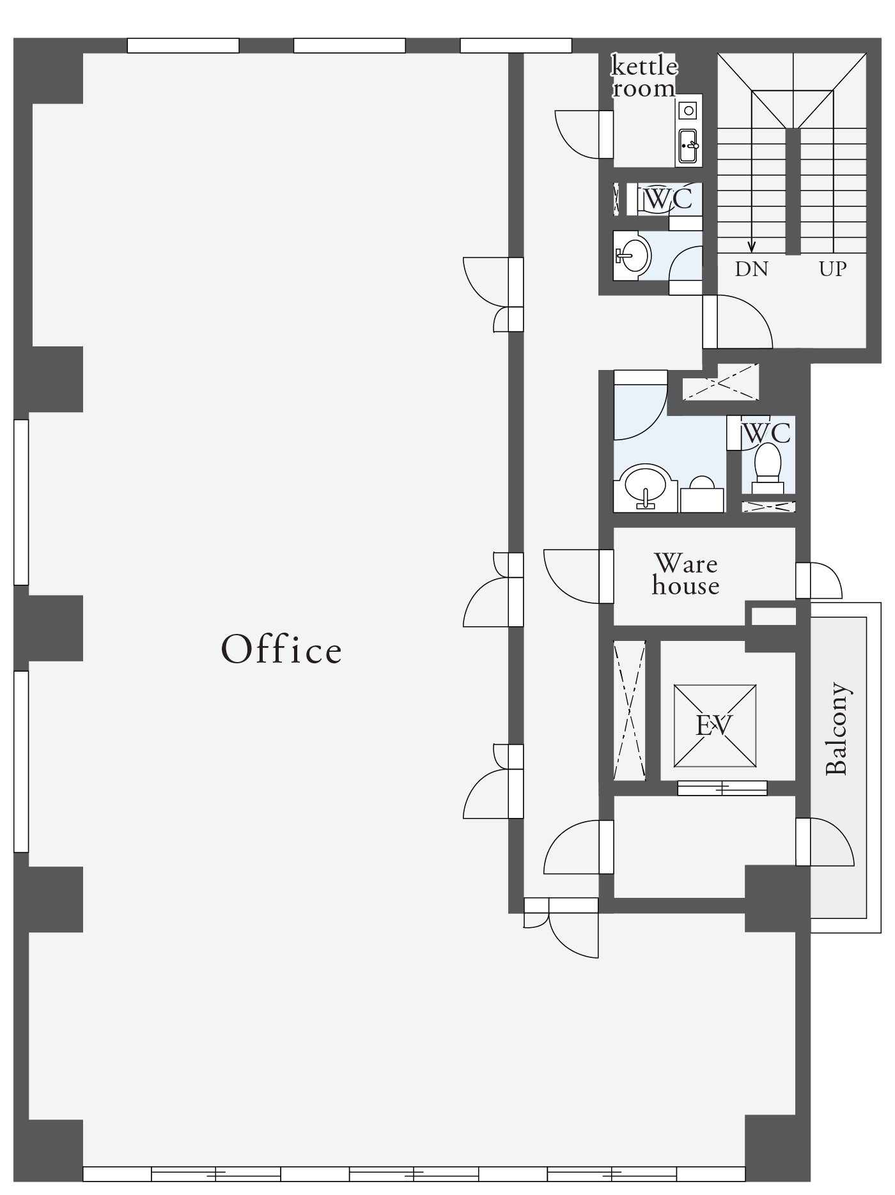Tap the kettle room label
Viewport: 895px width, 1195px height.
644,77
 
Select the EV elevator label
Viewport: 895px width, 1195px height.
713,725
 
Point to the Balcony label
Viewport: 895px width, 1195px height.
837,729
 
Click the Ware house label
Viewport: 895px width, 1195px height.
685,574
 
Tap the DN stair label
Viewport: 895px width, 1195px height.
751,269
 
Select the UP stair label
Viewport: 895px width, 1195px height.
833,269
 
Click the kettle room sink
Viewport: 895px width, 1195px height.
689,146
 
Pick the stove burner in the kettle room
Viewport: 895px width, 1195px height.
689,111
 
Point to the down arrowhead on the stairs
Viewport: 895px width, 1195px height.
752,246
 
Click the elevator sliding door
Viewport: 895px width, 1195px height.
722,788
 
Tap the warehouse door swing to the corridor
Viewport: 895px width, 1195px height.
572,576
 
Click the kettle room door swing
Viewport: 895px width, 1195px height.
577,134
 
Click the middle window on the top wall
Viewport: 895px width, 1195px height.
349,45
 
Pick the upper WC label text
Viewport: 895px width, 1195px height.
667,199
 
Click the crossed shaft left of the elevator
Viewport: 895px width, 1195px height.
630,710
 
